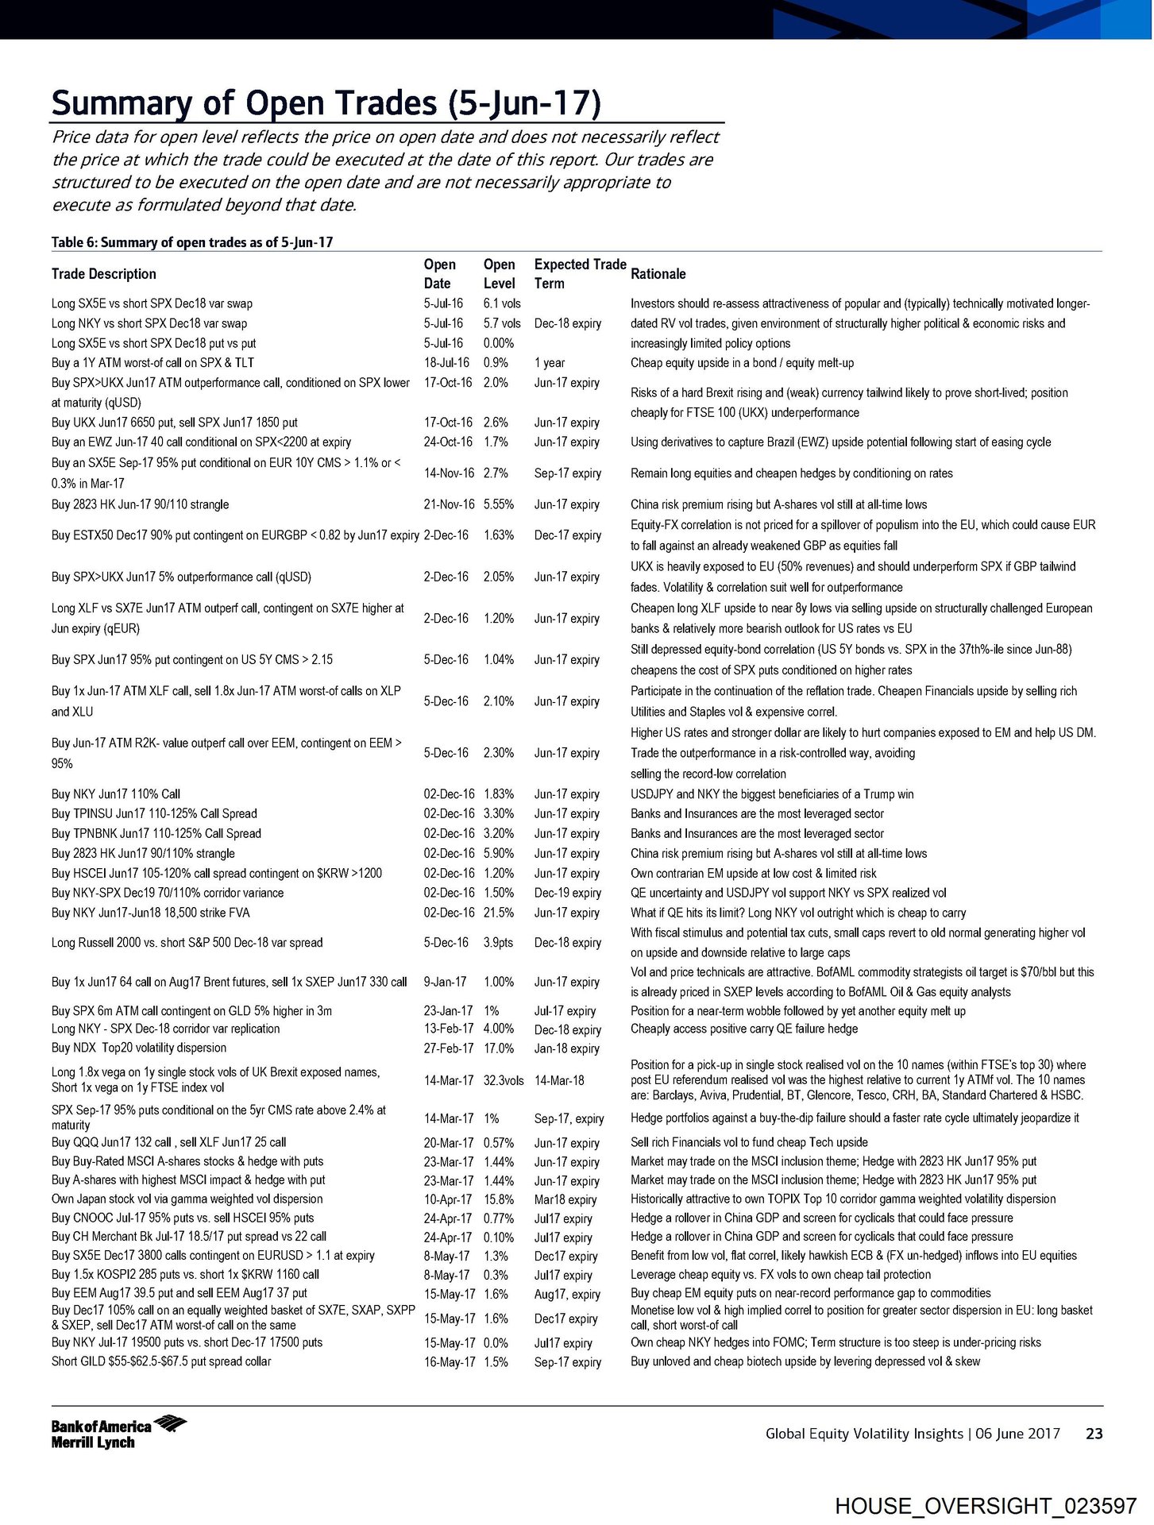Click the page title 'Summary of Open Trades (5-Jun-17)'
click(x=326, y=104)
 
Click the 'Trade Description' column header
click(x=104, y=274)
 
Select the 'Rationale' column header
click(x=658, y=274)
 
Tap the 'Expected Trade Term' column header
click(x=580, y=274)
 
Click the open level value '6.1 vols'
click(x=502, y=303)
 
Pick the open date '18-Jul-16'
click(x=446, y=363)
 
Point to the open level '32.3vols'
click(x=504, y=1080)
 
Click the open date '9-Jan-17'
click(x=445, y=982)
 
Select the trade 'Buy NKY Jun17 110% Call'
click(x=116, y=794)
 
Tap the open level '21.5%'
click(x=499, y=913)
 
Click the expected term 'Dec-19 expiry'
click(x=568, y=894)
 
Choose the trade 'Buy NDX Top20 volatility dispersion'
click(x=139, y=1048)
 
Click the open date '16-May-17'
click(x=450, y=1362)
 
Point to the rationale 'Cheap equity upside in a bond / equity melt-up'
click(x=742, y=363)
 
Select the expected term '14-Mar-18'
click(x=559, y=1080)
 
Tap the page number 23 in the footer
click(x=1094, y=1434)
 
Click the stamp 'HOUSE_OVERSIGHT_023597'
click(x=985, y=1506)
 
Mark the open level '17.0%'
click(x=499, y=1048)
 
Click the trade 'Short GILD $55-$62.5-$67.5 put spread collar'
click(x=161, y=1361)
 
